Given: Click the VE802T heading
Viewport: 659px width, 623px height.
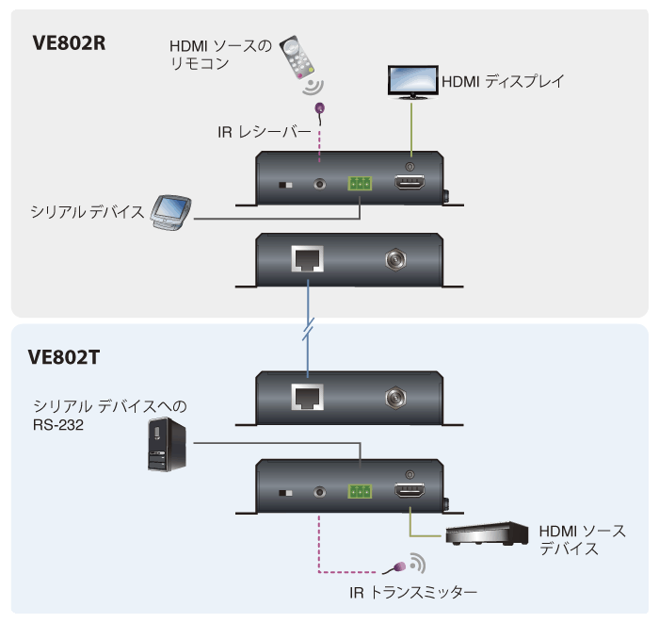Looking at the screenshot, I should (x=66, y=357).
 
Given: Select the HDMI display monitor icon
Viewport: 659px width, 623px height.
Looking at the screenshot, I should (x=412, y=81).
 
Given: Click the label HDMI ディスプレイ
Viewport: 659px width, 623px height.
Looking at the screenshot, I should (x=502, y=82).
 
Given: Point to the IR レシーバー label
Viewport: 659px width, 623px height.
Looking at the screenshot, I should (x=264, y=133).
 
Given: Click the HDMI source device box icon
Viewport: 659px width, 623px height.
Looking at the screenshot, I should (x=487, y=534).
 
